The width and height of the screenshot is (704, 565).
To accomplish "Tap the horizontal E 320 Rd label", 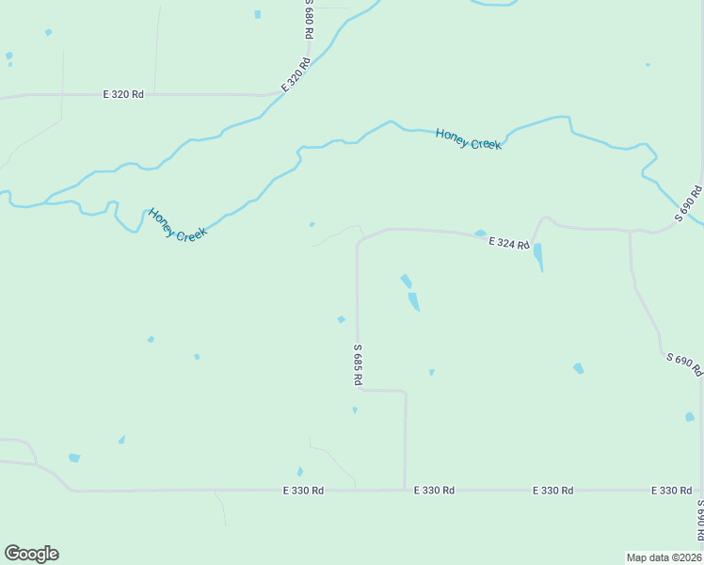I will pos(123,94).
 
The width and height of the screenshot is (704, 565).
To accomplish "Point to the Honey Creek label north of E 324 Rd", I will pos(469,139).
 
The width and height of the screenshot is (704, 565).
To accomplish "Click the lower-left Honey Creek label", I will pos(177,224).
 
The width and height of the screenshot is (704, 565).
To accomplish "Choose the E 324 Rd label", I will pos(509,244).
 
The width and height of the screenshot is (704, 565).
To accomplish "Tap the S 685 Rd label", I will pos(358,363).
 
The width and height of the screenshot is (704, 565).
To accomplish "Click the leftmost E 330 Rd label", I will pos(304,491).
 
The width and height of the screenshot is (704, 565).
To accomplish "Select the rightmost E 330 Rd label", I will pos(672,491).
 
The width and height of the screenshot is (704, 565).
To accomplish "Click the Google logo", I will pos(31,554).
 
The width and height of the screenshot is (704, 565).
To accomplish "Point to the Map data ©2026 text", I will pos(664,557).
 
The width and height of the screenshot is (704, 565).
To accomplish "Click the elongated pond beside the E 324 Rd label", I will pos(538,256).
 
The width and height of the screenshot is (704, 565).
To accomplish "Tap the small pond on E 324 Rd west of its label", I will pos(480,234).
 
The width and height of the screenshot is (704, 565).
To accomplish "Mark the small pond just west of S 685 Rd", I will pos(341,319).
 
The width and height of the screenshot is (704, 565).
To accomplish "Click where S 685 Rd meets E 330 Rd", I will pos(405,489).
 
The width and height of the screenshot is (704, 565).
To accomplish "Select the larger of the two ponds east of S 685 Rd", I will pos(413,301).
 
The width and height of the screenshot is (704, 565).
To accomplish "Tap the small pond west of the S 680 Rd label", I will pos(257,14).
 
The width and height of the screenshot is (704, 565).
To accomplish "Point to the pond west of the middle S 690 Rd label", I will pos(578,368).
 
